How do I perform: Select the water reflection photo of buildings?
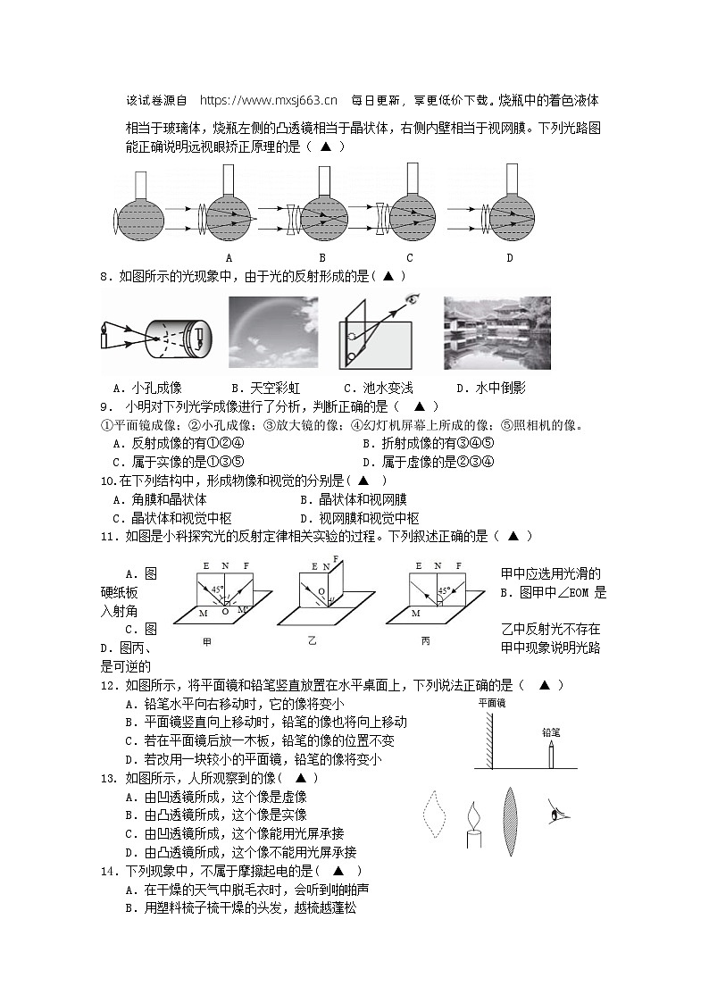click(x=496, y=332)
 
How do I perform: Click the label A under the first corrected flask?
click(x=229, y=259)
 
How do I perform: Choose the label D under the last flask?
click(x=509, y=259)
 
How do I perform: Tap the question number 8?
click(x=105, y=277)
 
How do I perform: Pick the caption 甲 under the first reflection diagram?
click(x=207, y=641)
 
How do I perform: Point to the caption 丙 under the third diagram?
click(x=425, y=641)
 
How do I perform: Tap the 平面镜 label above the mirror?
click(x=491, y=704)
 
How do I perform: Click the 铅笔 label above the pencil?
click(x=552, y=731)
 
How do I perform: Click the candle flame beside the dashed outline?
click(x=471, y=815)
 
